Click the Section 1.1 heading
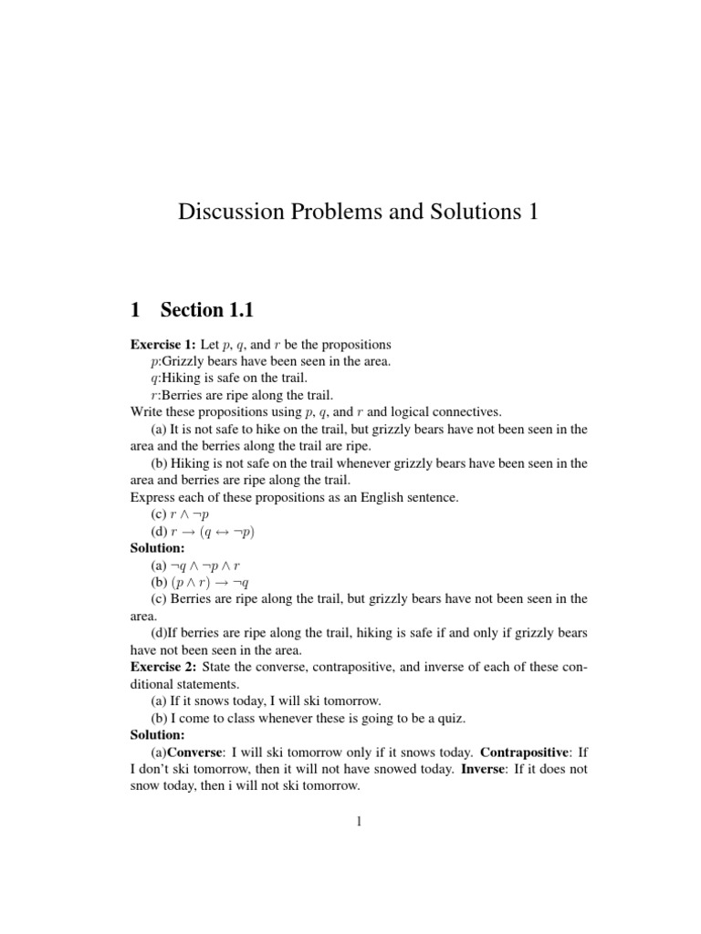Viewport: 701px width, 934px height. tap(206, 310)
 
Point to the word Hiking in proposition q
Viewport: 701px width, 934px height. tap(183, 379)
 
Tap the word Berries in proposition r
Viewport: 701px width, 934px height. tap(185, 395)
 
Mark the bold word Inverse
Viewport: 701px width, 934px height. tap(447, 769)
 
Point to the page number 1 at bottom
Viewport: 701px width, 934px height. tap(359, 822)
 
